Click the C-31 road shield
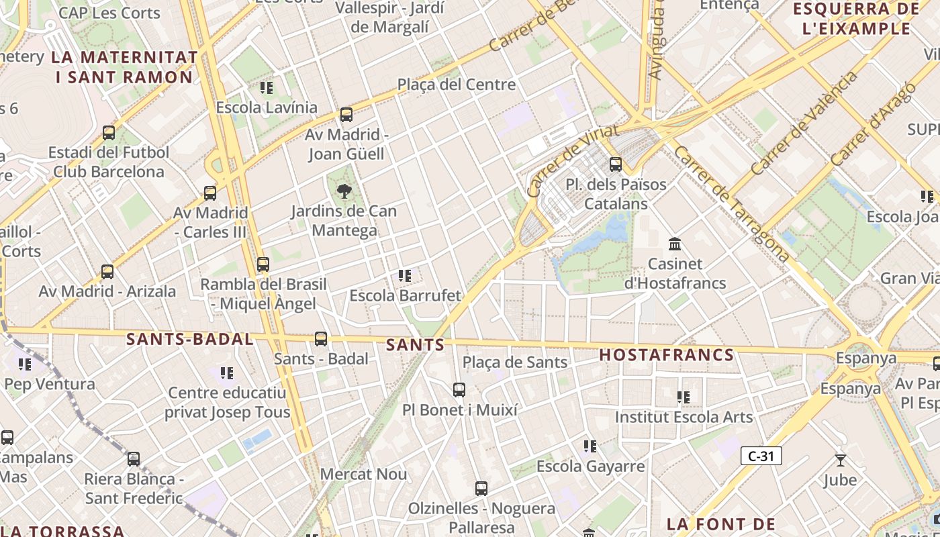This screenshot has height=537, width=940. coord(761,456)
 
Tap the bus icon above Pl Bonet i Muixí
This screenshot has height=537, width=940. coord(459,389)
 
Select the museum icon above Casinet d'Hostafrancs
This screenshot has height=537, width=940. coord(675,244)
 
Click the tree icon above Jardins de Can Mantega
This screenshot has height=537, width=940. coord(344,191)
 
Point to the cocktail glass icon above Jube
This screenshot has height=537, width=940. coord(840,460)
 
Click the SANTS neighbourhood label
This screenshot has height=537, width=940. coord(416,345)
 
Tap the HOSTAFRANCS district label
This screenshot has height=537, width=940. coord(666,354)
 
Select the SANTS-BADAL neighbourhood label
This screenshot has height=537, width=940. coord(190,339)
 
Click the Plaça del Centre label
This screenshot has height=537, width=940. coord(457,85)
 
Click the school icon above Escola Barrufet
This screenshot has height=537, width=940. coord(405,275)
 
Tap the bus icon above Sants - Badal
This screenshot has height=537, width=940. coord(321,339)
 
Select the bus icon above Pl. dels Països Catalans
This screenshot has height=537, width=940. coord(616,164)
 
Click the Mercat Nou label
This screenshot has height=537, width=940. coord(363,474)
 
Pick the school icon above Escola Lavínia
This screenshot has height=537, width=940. coord(267,87)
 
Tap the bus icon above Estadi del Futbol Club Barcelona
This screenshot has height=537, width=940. coord(109,133)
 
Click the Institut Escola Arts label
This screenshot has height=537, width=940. coord(684,417)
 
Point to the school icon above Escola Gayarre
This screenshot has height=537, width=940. coord(590,446)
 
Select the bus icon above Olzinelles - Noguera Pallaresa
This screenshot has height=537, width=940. coord(481,489)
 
